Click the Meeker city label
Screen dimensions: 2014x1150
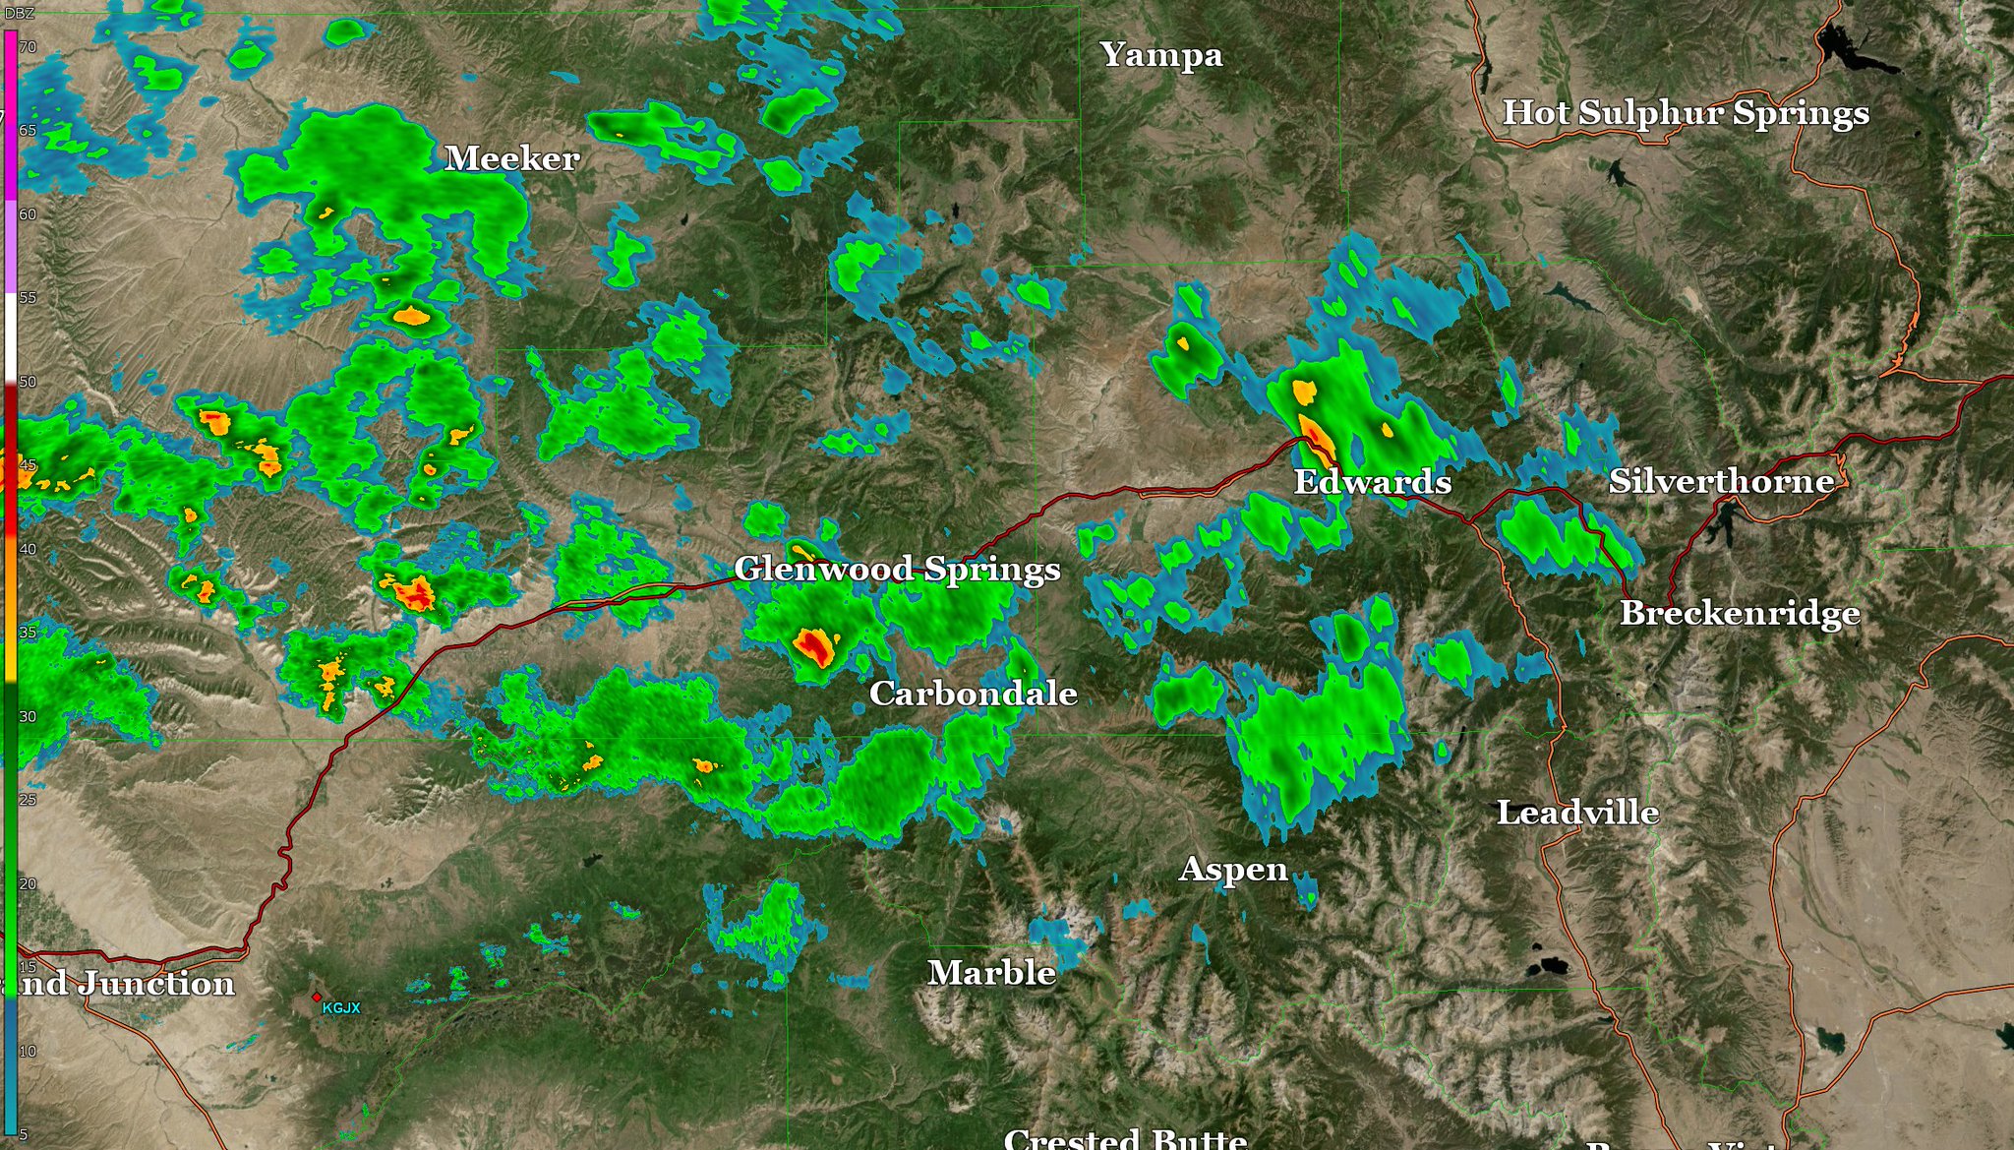pos(511,158)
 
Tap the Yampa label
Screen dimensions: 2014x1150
pos(1160,55)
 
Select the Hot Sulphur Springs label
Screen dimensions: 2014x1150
pos(1686,113)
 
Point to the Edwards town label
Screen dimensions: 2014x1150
pos(1372,482)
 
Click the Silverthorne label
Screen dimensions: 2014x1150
pos(1721,481)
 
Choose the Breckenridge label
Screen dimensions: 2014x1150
pos(1740,613)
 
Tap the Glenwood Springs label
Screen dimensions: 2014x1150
pos(897,569)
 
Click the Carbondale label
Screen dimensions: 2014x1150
pos(973,694)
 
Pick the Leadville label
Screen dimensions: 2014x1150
pos(1577,813)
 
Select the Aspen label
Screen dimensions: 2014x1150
pos(1233,870)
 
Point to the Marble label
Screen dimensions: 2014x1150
pos(991,973)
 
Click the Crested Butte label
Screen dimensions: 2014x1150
pos(1125,1139)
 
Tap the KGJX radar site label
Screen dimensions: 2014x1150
pos(341,1008)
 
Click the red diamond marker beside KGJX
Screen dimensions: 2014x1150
pos(317,997)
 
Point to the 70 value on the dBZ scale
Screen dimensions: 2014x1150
pos(28,47)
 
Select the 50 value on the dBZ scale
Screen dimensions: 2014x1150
pos(28,382)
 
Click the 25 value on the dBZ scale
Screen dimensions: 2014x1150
pos(28,800)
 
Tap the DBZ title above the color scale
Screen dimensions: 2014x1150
pos(20,13)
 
